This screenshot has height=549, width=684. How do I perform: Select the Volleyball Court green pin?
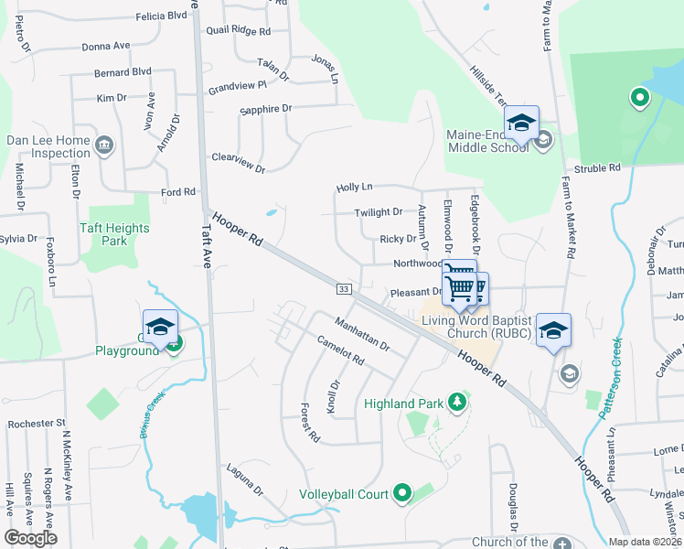401,494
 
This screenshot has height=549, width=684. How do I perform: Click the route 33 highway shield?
344,289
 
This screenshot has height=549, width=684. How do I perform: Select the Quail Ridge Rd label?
239,30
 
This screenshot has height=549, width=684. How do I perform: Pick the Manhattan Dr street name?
362,335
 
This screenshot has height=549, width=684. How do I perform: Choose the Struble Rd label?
596,168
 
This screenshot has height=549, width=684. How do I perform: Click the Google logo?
30,538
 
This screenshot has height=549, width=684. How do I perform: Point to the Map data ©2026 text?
644,542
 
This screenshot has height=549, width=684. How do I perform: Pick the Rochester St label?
37,424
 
